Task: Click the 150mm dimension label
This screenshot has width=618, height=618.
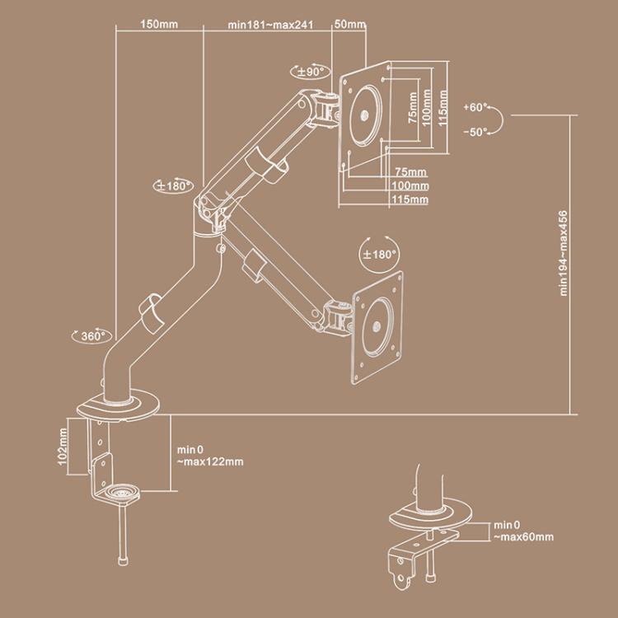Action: pyautogui.click(x=158, y=25)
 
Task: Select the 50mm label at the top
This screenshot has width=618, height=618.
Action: pyautogui.click(x=349, y=25)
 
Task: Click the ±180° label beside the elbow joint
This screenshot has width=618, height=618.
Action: pyautogui.click(x=173, y=185)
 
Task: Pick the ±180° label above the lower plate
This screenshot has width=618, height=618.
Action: pyautogui.click(x=380, y=255)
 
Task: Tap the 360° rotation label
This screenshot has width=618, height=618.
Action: pyautogui.click(x=91, y=336)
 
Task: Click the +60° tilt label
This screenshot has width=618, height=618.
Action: pyautogui.click(x=475, y=108)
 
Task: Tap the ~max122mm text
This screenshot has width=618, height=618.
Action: pyautogui.click(x=210, y=461)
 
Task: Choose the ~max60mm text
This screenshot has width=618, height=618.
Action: pyautogui.click(x=524, y=536)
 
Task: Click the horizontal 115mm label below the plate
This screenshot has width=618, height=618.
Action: pyautogui.click(x=410, y=199)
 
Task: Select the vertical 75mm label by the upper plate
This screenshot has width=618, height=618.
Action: pyautogui.click(x=412, y=110)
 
